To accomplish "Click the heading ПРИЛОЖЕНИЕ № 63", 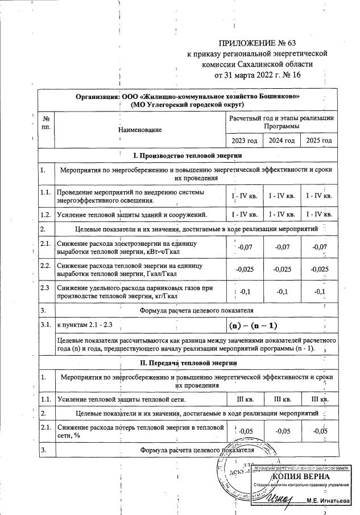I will point(258,43).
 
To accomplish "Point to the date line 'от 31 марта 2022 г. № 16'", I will point(258,75).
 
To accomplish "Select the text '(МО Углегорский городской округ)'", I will point(187,105).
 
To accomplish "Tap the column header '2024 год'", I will point(282,141).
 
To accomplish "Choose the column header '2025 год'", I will point(318,141).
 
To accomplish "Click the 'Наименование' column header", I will point(140,130).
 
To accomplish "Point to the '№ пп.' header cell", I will point(46,122).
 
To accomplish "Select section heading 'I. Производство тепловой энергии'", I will point(187,155).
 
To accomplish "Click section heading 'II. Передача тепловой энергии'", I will point(187,363).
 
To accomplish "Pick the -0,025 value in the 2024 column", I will point(282,269).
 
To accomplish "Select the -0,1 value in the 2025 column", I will point(318,292).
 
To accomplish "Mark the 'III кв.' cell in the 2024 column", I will point(282,399).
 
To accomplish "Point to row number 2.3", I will point(45,288).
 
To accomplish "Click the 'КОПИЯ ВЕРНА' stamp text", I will point(300,476).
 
